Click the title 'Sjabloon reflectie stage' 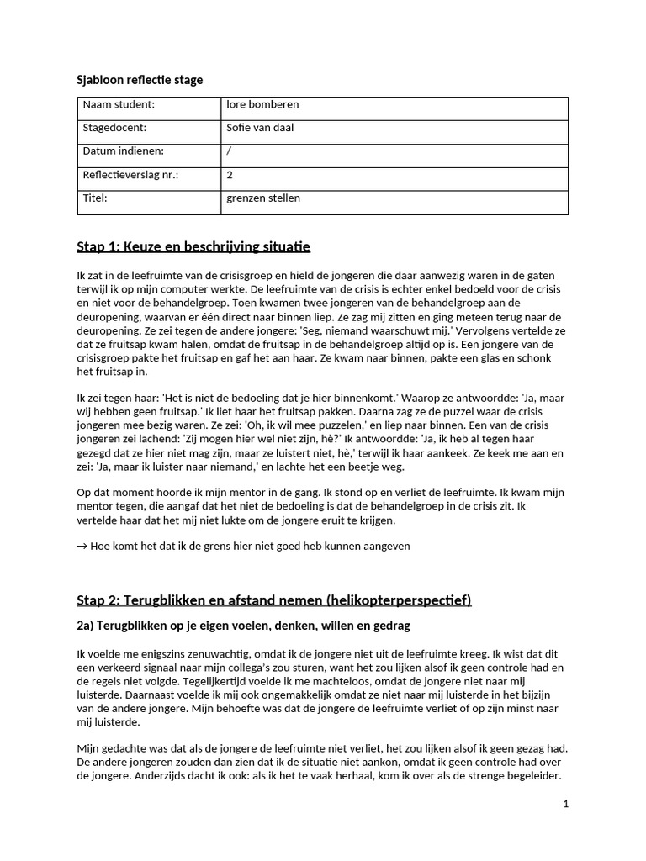(140, 80)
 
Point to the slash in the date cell (229, 151)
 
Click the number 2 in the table (230, 175)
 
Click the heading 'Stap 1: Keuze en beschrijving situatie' (193, 246)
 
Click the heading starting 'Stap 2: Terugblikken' (273, 600)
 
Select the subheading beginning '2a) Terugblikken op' (243, 626)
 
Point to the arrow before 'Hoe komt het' (82, 546)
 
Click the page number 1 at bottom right (566, 805)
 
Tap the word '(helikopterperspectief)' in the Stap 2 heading (400, 600)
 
